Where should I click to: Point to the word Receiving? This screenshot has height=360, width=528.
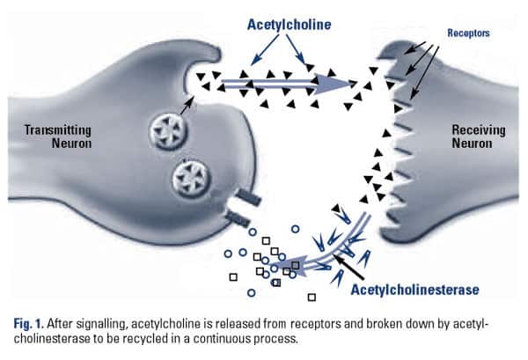tap(475, 130)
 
